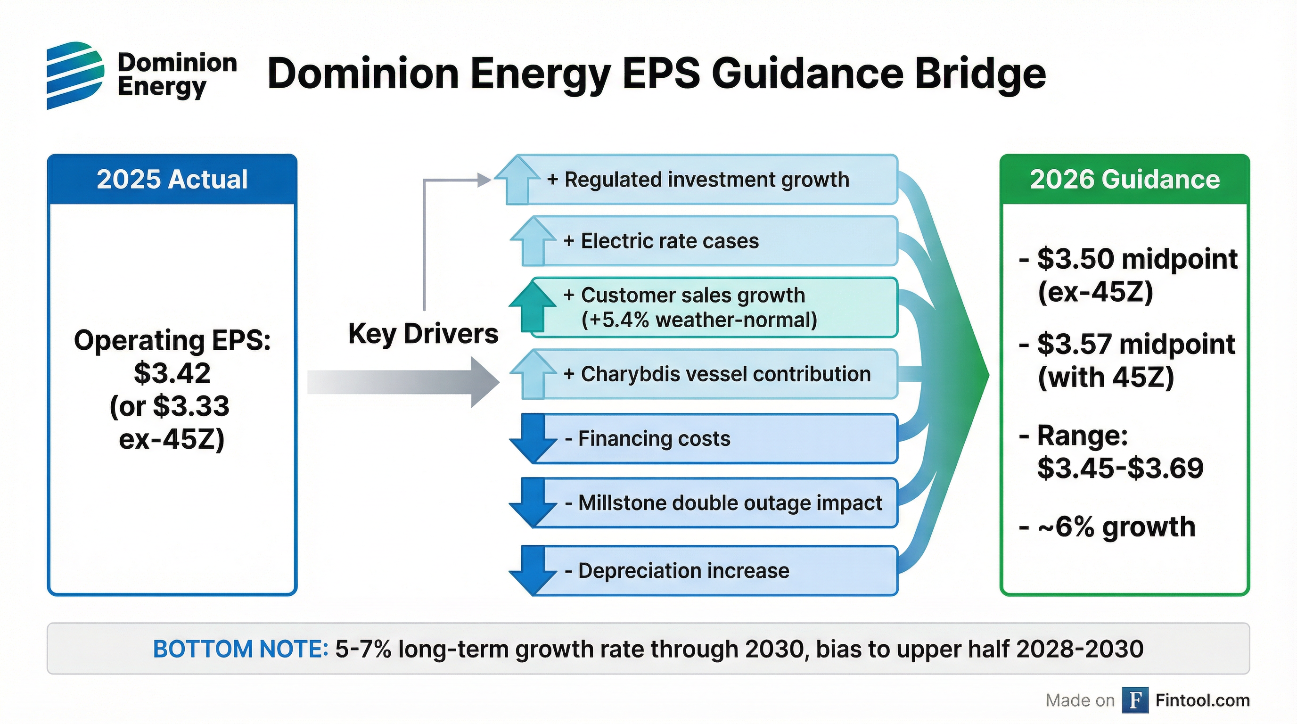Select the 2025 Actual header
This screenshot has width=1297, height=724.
click(172, 179)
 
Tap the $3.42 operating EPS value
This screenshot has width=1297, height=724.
click(172, 373)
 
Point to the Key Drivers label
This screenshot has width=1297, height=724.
click(423, 334)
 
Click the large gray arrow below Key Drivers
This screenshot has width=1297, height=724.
click(403, 382)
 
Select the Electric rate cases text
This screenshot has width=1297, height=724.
click(670, 241)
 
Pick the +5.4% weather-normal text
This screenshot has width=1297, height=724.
click(699, 320)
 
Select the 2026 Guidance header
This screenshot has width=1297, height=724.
click(1125, 179)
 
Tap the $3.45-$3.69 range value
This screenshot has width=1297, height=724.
click(1120, 468)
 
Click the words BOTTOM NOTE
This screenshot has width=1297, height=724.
click(240, 649)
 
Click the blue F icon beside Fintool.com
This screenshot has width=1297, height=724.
click(1135, 700)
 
